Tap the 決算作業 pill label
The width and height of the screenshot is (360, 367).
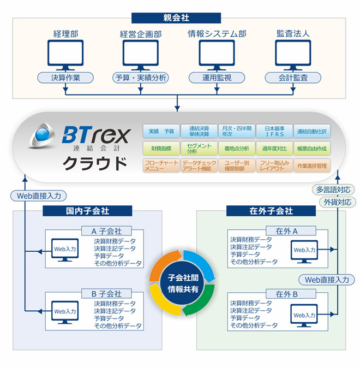pos(65,78)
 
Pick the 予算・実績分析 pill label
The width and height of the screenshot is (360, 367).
pos(141,78)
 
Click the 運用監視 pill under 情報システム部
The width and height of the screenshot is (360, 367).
pos(217,78)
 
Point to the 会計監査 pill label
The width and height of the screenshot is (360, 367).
pos(292,78)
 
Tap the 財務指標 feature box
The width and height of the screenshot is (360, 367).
pos(161,148)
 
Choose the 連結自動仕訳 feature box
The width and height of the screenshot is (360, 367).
pos(312,132)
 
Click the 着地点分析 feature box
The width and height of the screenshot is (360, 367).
pos(236,148)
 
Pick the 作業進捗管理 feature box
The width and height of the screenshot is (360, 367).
pos(312,165)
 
